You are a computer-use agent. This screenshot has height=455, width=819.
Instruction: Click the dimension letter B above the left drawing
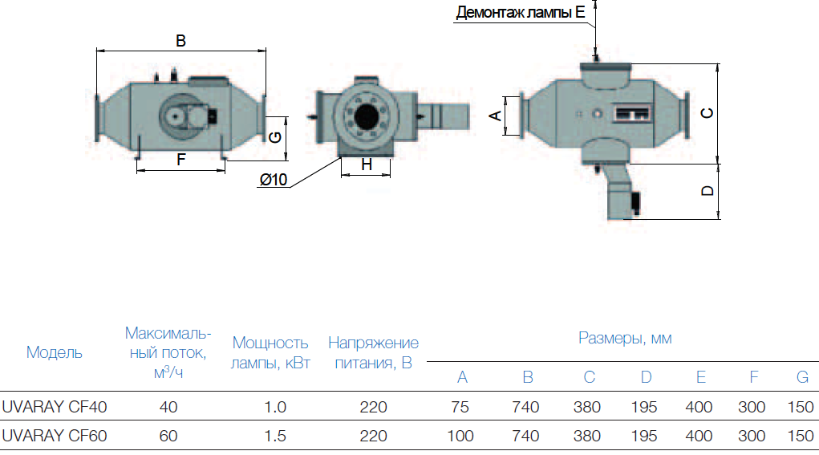(181, 41)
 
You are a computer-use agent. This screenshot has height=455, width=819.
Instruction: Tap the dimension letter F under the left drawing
(181, 160)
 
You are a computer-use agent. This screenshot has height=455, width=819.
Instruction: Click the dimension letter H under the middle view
(367, 165)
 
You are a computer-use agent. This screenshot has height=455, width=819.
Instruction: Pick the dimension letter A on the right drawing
(496, 116)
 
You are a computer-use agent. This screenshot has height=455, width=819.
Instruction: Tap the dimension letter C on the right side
(707, 113)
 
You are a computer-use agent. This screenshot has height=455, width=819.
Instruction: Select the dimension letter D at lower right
(707, 191)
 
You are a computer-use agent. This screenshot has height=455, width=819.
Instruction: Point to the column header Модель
(54, 352)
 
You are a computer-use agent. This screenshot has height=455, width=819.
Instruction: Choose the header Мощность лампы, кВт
(270, 352)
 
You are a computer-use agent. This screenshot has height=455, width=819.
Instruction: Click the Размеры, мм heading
(625, 338)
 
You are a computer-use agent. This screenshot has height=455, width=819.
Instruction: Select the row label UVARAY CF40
(55, 407)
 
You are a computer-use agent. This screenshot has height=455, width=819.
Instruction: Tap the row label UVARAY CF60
(55, 437)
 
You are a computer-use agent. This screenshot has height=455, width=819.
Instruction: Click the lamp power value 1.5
(275, 437)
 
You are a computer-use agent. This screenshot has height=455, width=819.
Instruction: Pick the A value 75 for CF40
(460, 407)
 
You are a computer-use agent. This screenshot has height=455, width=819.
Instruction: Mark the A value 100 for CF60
(460, 437)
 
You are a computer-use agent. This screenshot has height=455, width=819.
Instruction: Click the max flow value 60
(168, 437)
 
